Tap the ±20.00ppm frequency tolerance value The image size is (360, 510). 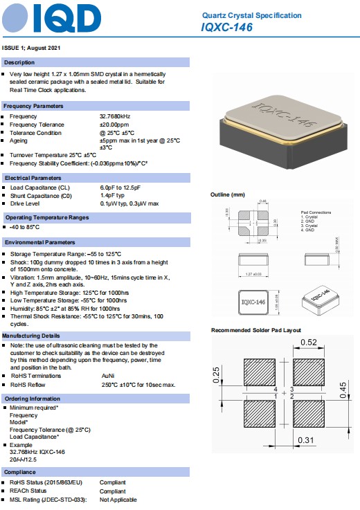pyautogui.click(x=116, y=125)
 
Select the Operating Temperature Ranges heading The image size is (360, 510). pyautogui.click(x=46, y=217)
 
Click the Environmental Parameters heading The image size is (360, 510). pyautogui.click(x=39, y=242)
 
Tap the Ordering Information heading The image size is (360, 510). pyautogui.click(x=32, y=399)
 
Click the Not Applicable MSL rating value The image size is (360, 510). pyautogui.click(x=118, y=500)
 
